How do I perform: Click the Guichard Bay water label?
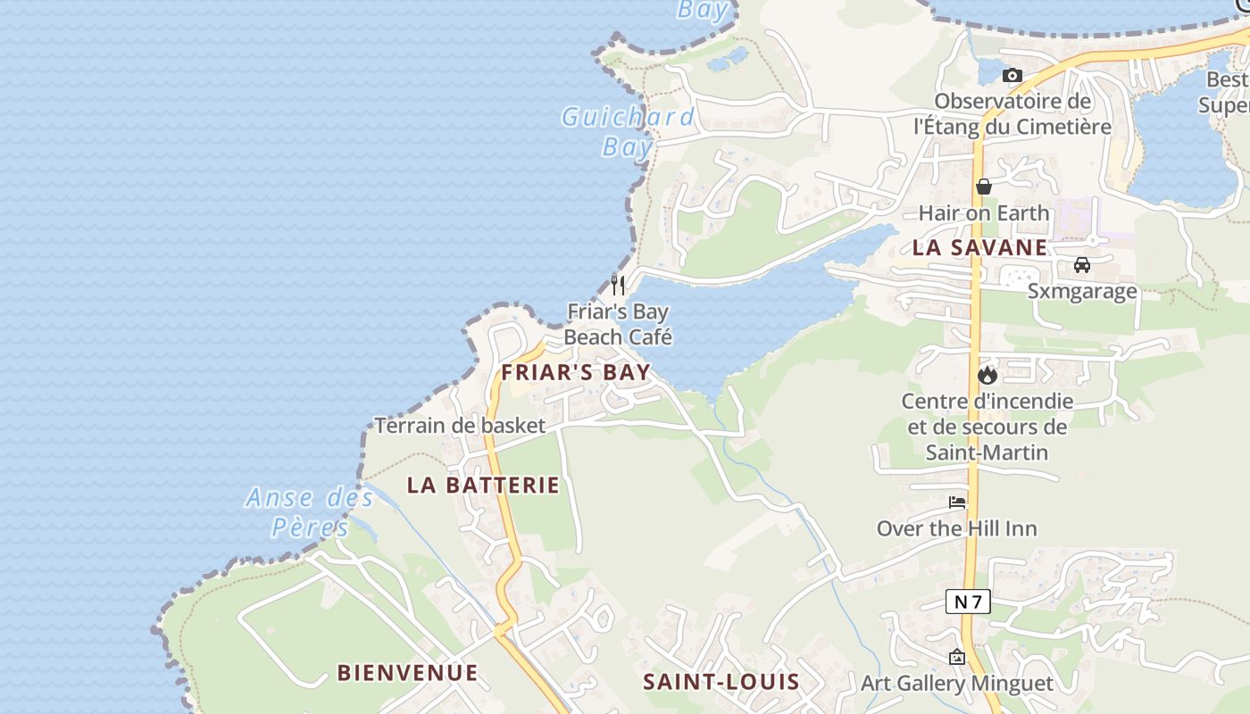pos(627,131)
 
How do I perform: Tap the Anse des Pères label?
pos(310,511)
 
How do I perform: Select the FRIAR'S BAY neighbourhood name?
pos(576,372)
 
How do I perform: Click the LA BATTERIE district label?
pos(483,486)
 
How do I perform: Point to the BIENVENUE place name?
pos(407,673)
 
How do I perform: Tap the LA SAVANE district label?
pos(979,248)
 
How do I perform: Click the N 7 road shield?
pos(968,602)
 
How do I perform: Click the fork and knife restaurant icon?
pos(617,285)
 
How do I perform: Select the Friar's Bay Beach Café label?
pos(618,324)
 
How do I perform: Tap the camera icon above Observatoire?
pos(1012,76)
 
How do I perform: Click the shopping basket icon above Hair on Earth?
pos(984,187)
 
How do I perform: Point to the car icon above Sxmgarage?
pos(1081,265)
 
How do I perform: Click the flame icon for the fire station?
pos(987,375)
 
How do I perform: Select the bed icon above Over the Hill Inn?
pos(957,502)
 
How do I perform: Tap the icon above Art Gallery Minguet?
pos(957,658)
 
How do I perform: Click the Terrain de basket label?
pos(459,426)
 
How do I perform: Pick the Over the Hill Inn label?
pos(956,528)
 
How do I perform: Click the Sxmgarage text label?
pos(1081,291)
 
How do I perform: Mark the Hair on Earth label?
pos(984,213)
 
